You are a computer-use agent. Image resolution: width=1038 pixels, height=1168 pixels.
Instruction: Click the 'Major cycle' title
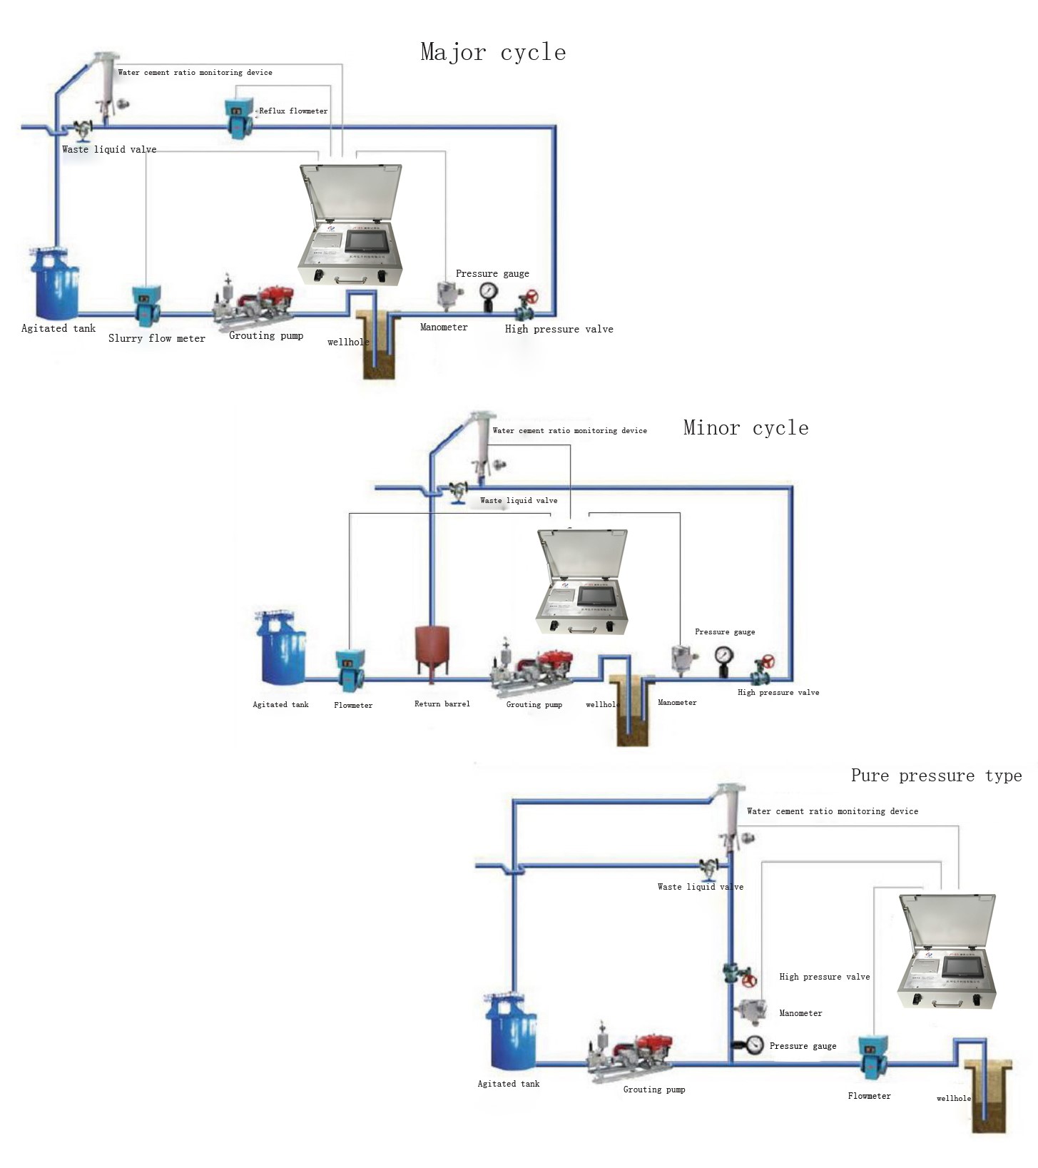[x=493, y=52]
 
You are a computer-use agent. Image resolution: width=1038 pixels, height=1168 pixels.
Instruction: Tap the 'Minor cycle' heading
[x=746, y=427]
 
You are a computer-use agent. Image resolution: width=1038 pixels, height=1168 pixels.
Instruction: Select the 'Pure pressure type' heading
[x=936, y=776]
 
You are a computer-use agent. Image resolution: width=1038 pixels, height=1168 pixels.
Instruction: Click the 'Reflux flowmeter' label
[x=293, y=111]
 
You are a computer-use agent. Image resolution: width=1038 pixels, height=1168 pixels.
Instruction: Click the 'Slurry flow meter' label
[x=157, y=338]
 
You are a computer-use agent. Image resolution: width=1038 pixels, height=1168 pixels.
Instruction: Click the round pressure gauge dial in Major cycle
[x=489, y=291]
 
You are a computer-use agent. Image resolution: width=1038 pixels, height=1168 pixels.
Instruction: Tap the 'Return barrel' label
[x=442, y=704]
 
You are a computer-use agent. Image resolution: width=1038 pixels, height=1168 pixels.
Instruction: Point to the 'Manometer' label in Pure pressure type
[x=800, y=1013]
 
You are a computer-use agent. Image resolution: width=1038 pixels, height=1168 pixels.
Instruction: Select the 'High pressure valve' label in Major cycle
[x=559, y=329]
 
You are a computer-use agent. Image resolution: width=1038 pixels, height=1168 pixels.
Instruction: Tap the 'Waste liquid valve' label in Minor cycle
[x=519, y=500]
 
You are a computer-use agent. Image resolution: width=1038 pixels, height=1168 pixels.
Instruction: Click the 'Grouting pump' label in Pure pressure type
[x=654, y=1090]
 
